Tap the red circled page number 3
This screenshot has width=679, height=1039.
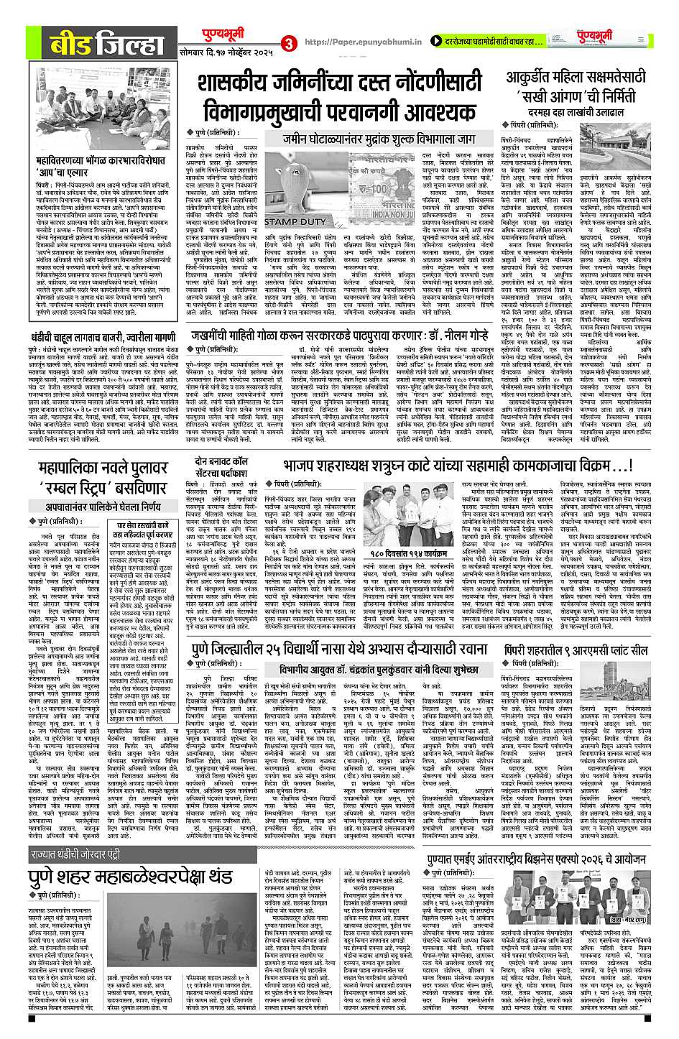coord(289,43)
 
